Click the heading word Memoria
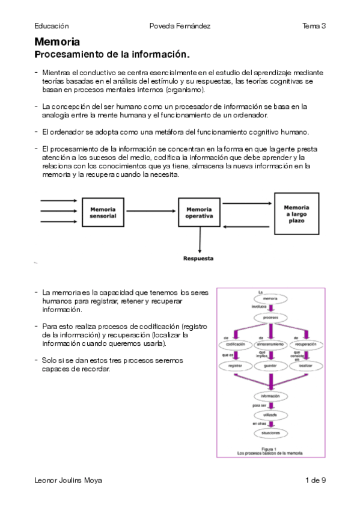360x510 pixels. [x=57, y=42]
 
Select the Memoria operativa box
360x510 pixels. [x=199, y=212]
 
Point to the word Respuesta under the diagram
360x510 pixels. [x=198, y=259]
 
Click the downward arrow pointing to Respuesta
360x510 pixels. [x=199, y=241]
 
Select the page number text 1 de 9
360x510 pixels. [x=316, y=480]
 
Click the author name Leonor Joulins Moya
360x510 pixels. [x=68, y=480]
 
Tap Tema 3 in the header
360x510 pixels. [x=314, y=26]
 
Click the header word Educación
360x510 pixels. [x=52, y=26]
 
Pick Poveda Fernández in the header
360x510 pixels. [x=180, y=26]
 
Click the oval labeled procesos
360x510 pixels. [x=270, y=316]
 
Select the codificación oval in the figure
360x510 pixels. [x=235, y=344]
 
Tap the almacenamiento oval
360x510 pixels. [x=270, y=344]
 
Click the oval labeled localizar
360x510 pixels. [x=305, y=365]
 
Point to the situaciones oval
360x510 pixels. [x=270, y=432]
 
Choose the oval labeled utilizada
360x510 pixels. [x=270, y=415]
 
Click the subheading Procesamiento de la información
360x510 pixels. [x=112, y=55]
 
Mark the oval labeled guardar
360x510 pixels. [x=270, y=365]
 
